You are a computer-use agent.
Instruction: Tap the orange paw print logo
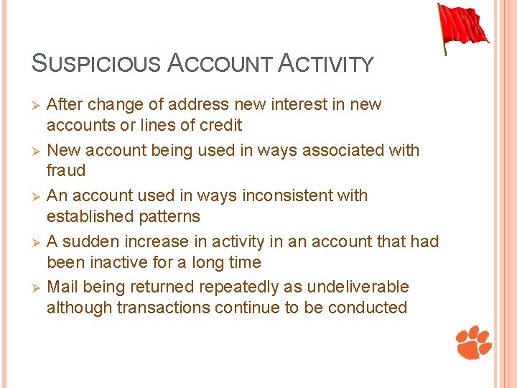point(474,342)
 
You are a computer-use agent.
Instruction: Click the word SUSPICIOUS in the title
point(96,63)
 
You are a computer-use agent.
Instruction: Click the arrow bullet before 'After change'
point(35,105)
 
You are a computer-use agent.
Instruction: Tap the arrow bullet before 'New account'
point(35,151)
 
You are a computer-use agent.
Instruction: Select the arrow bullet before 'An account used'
point(35,196)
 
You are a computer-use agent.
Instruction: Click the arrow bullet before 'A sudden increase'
point(35,242)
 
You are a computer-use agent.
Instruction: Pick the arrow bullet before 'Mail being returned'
point(35,288)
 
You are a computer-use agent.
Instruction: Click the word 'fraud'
point(66,171)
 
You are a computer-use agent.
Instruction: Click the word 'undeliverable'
point(358,287)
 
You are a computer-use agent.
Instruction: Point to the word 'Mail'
point(62,287)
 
